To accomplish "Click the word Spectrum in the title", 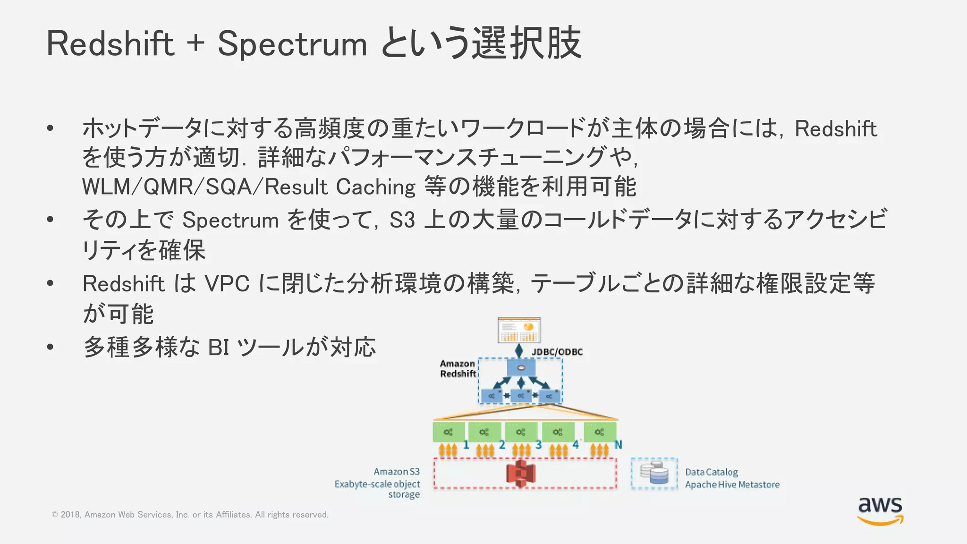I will coord(292,44).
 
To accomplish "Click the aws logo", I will coord(880,510).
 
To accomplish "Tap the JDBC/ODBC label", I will coord(557,352).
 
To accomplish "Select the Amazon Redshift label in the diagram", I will coord(458,369).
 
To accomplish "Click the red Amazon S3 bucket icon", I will coord(520,474).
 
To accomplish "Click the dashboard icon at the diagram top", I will coord(519,330).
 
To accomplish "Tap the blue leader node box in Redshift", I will coord(521,367).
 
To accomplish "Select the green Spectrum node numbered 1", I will coord(448,432).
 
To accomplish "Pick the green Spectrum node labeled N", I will coord(600,432).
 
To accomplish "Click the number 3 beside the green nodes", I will coord(538,445).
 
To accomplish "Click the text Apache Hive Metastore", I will coord(732,484).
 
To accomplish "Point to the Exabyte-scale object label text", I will coord(377,484).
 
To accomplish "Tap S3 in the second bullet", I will coord(402,221).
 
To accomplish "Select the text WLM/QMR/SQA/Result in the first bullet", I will coord(204,187).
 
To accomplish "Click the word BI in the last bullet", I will coord(218,348).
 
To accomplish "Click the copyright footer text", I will coord(190,515).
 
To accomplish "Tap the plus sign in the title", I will coord(195,43).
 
